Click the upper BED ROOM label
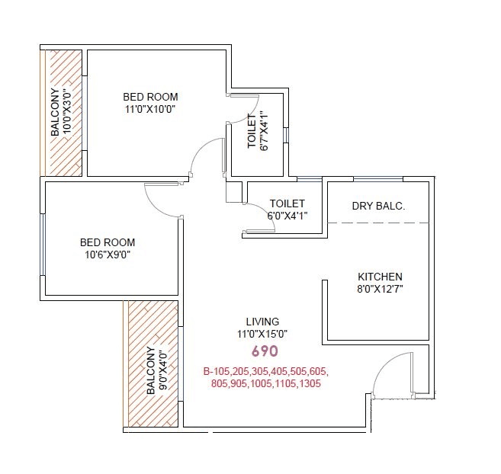pos(150,97)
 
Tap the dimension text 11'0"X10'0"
pos(150,109)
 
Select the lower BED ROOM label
pos(108,243)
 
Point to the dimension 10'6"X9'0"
pos(108,255)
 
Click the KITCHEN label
pos(380,277)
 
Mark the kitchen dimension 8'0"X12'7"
pos(380,289)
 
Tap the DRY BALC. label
pos(378,206)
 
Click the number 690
pos(265,352)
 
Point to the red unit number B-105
pos(217,371)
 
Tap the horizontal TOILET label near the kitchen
pos(287,203)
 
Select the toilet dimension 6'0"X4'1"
pos(287,216)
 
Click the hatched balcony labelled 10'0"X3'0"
pos(62,114)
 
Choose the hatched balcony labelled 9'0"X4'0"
pos(153,364)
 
